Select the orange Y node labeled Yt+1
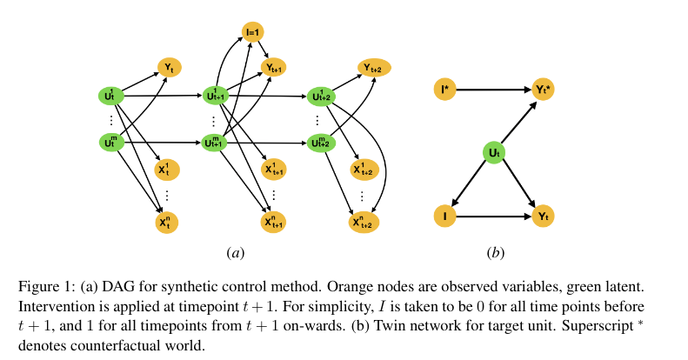[275, 67]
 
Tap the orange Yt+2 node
[375, 67]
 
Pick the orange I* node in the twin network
[444, 89]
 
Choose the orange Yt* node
[543, 89]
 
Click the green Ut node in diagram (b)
[494, 154]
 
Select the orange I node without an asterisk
[444, 214]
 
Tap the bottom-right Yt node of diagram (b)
[543, 214]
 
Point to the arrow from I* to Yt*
[491, 89]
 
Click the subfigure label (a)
[234, 253]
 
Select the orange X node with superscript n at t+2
[363, 222]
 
